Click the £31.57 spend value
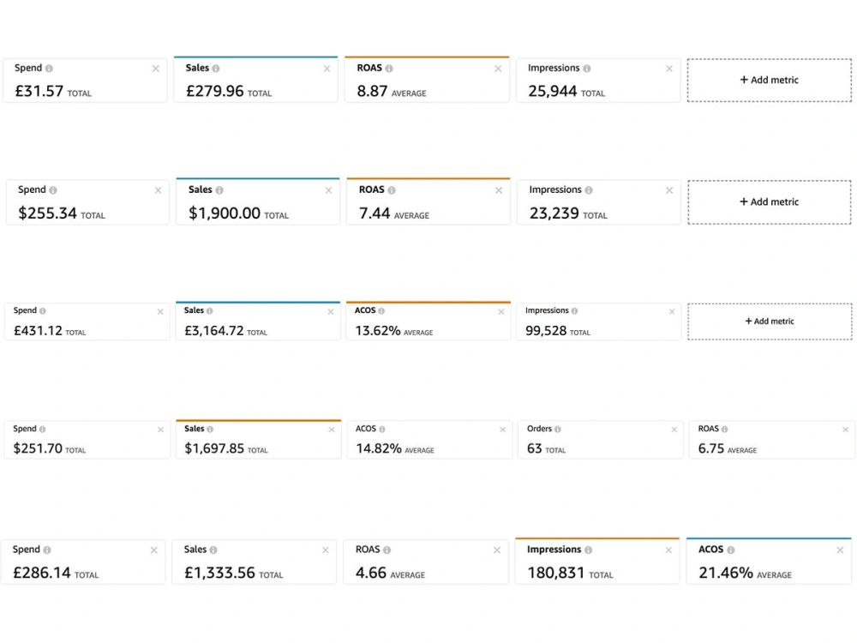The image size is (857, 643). (39, 91)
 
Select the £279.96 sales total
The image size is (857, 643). (215, 91)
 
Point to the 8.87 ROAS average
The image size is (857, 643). (372, 91)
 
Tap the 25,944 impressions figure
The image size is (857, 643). (553, 91)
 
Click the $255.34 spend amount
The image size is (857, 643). (47, 213)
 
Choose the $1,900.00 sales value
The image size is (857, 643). (224, 213)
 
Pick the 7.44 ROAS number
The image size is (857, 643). (375, 213)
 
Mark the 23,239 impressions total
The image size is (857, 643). (554, 213)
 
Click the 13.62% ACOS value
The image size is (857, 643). (378, 331)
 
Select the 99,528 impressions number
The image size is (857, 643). (546, 331)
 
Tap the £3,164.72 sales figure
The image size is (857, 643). (213, 331)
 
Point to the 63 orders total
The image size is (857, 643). (534, 448)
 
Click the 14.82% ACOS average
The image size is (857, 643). (379, 448)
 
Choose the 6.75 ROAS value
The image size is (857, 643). (711, 448)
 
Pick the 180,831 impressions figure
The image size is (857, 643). (556, 573)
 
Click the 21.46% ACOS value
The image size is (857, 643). (726, 573)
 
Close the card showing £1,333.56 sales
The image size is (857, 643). (325, 550)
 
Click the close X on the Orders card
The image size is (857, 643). (674, 430)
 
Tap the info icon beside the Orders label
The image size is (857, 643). (558, 430)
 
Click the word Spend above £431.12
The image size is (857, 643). (25, 310)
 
